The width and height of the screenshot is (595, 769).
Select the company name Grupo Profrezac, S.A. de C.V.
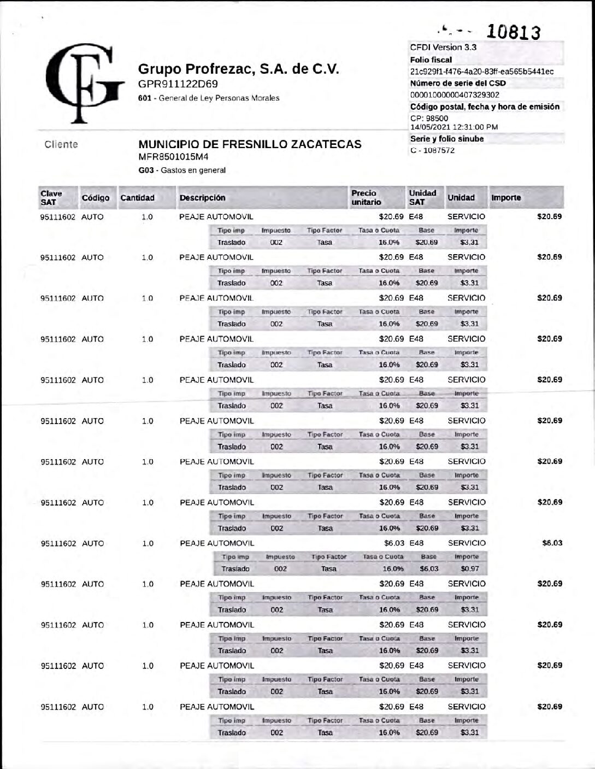click(x=238, y=69)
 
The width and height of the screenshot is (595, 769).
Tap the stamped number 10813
click(x=513, y=32)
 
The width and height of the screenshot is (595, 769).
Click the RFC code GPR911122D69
click(x=178, y=84)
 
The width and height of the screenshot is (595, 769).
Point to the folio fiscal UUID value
click(x=481, y=72)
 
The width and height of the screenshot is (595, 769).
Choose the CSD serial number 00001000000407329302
click(x=455, y=95)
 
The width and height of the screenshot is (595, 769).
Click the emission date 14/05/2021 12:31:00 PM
click(x=453, y=127)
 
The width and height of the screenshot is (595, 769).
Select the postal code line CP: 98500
click(x=429, y=118)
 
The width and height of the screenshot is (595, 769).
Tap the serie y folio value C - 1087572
click(x=432, y=150)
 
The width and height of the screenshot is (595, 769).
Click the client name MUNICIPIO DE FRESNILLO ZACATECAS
click(x=250, y=144)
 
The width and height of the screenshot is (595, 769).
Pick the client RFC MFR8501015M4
click(x=173, y=157)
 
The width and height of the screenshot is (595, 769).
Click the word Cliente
click(x=61, y=144)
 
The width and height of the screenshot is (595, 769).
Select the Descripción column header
click(x=202, y=198)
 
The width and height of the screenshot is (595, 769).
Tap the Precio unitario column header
click(x=366, y=197)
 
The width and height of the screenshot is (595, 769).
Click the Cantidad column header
click(x=137, y=198)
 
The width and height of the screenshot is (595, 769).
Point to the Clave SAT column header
click(x=51, y=197)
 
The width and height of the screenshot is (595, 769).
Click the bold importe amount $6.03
click(x=552, y=543)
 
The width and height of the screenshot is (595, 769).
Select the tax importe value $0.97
click(x=469, y=568)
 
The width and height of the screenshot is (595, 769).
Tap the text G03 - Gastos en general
click(x=182, y=170)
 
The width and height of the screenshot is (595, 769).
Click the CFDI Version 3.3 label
click(x=443, y=47)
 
